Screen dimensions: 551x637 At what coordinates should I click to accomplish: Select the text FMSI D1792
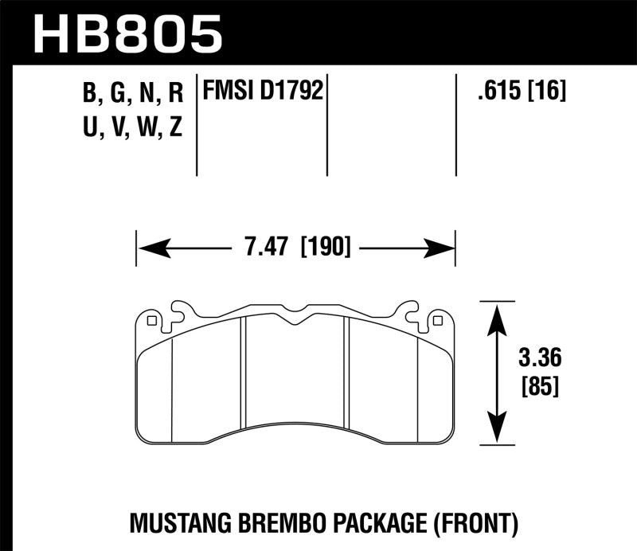point(263,92)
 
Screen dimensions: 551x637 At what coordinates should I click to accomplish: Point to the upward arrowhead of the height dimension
point(498,313)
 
